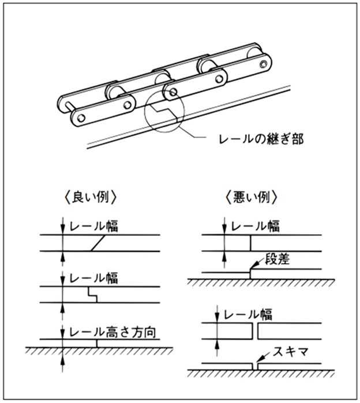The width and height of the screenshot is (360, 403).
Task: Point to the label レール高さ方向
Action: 113,332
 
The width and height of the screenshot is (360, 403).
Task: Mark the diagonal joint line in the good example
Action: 97,244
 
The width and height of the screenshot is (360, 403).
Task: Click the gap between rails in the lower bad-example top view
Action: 254,332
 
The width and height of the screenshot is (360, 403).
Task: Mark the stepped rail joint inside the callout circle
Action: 166,110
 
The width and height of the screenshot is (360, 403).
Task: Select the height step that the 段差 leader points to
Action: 250,272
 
